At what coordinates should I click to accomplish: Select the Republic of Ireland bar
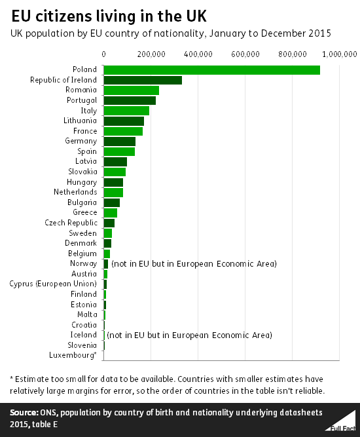(143, 80)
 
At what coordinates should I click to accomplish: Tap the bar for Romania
(131, 90)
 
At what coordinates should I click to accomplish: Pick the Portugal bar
(130, 100)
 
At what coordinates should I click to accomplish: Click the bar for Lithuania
(124, 121)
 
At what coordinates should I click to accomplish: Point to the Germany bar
(119, 141)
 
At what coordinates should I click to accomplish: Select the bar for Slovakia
(115, 172)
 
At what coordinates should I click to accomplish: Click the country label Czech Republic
(71, 223)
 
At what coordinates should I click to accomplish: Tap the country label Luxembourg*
(73, 355)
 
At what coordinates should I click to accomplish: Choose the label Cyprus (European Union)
(53, 284)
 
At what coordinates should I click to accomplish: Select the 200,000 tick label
(151, 52)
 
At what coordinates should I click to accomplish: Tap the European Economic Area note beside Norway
(194, 263)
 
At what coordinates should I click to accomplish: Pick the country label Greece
(84, 212)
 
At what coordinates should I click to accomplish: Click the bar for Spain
(119, 151)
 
